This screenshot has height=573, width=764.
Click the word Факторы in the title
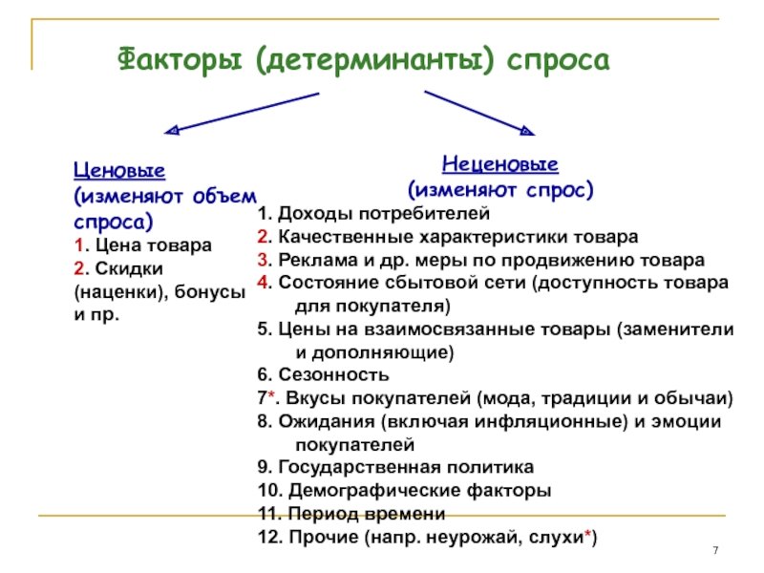coord(180,60)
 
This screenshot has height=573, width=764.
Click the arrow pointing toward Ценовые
coord(242,113)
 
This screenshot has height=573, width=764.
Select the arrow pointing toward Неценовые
coord(479,113)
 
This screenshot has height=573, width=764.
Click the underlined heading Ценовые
coord(119,171)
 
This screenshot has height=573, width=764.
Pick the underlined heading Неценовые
coord(499,164)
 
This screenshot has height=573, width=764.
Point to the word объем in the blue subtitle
coord(224,197)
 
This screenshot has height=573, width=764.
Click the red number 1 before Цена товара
coord(79,245)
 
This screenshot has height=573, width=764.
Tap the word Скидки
coord(129,268)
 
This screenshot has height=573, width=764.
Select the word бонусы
coord(210,292)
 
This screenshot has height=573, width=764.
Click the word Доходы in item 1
coord(315,213)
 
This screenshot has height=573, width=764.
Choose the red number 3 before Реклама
coord(264,260)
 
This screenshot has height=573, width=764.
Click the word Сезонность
coord(333,374)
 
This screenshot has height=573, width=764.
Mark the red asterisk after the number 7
coord(271,394)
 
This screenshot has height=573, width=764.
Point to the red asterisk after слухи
coord(587,534)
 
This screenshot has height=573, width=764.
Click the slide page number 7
coord(715,551)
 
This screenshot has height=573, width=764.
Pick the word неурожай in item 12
coord(474,537)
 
